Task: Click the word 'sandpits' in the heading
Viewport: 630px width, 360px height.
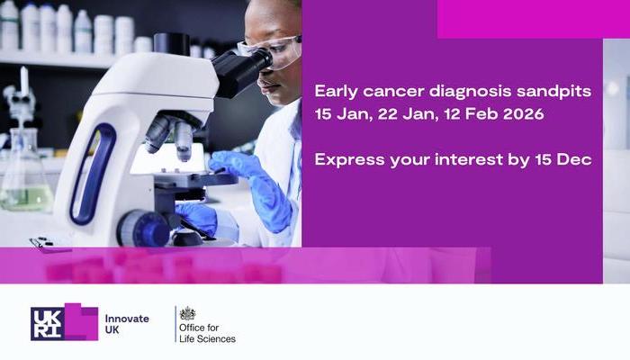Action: click(557, 92)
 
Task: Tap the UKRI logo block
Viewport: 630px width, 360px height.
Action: click(63, 322)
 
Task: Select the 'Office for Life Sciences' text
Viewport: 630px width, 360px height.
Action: click(207, 332)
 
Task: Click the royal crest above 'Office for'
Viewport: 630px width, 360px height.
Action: click(187, 313)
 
